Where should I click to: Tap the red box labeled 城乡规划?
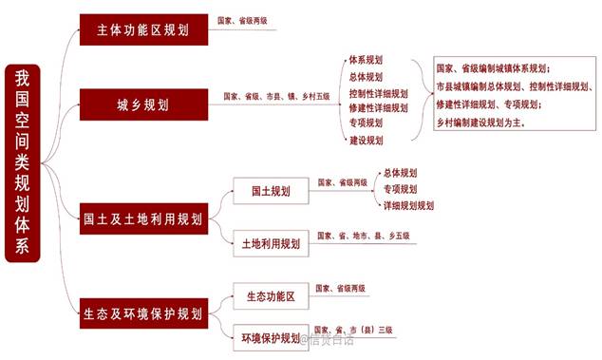[142, 104]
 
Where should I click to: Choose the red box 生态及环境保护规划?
[142, 313]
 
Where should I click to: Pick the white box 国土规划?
[271, 191]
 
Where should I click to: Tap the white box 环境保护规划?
[271, 337]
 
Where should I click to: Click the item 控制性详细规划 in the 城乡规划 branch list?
[378, 93]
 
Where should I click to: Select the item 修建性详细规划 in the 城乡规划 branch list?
[378, 108]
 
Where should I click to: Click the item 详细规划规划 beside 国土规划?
[408, 205]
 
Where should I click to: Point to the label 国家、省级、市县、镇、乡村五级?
[276, 96]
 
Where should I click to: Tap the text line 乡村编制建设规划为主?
[482, 123]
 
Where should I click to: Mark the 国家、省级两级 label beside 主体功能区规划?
[243, 19]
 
